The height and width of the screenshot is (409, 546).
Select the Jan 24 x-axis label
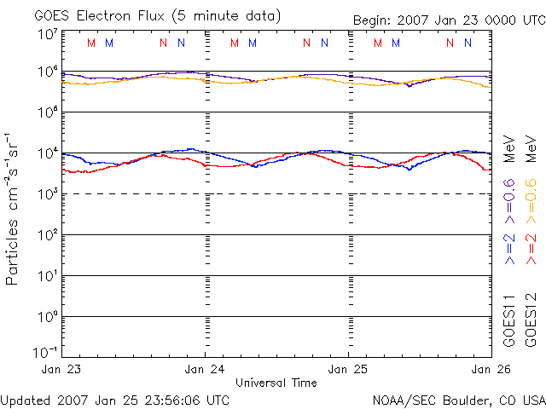tap(206, 370)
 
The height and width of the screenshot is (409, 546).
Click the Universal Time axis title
tap(276, 383)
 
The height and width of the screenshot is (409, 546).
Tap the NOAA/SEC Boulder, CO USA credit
tap(458, 400)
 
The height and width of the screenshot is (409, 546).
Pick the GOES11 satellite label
tap(510, 320)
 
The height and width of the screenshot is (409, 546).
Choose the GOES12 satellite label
tap(531, 320)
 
